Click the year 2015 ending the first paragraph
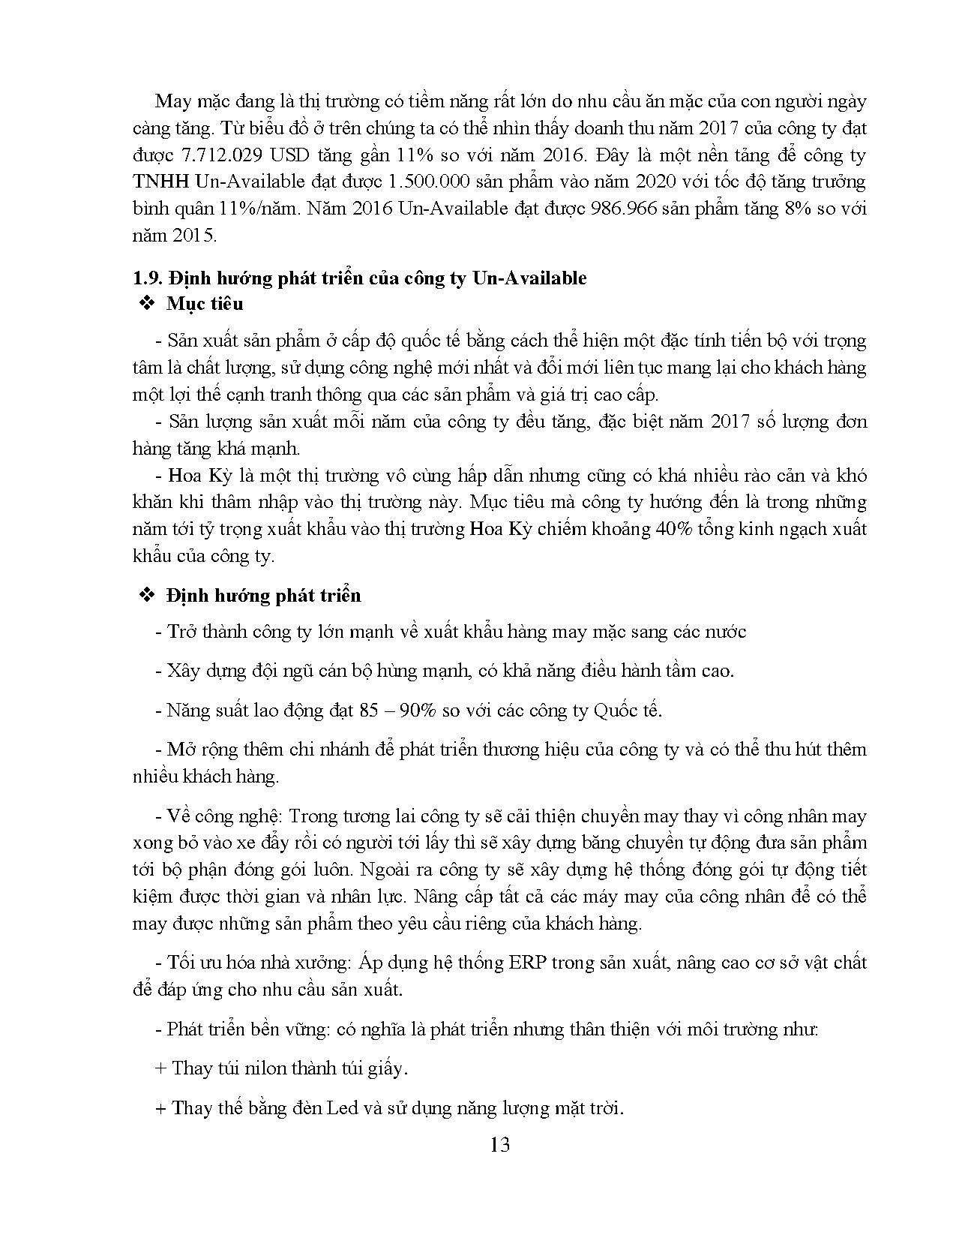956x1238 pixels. tap(191, 236)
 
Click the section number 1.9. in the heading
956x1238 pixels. tap(147, 278)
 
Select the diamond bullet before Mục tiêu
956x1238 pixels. tap(145, 305)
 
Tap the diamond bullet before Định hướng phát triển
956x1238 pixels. tap(145, 596)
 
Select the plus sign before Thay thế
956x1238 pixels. tap(160, 1108)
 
